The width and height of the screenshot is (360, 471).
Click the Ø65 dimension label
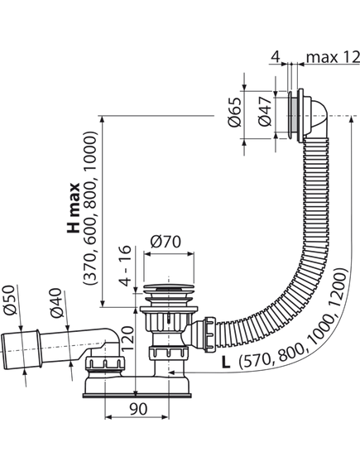235,112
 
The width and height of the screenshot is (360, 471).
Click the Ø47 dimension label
265,111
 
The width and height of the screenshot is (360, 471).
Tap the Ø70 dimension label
166,242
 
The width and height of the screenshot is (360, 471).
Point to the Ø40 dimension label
57,303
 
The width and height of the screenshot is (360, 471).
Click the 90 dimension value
138,409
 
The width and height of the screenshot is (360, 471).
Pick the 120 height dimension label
127,339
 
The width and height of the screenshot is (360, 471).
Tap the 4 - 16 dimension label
125,266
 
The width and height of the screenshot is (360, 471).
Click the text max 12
333,57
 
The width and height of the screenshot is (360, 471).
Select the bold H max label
73,208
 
